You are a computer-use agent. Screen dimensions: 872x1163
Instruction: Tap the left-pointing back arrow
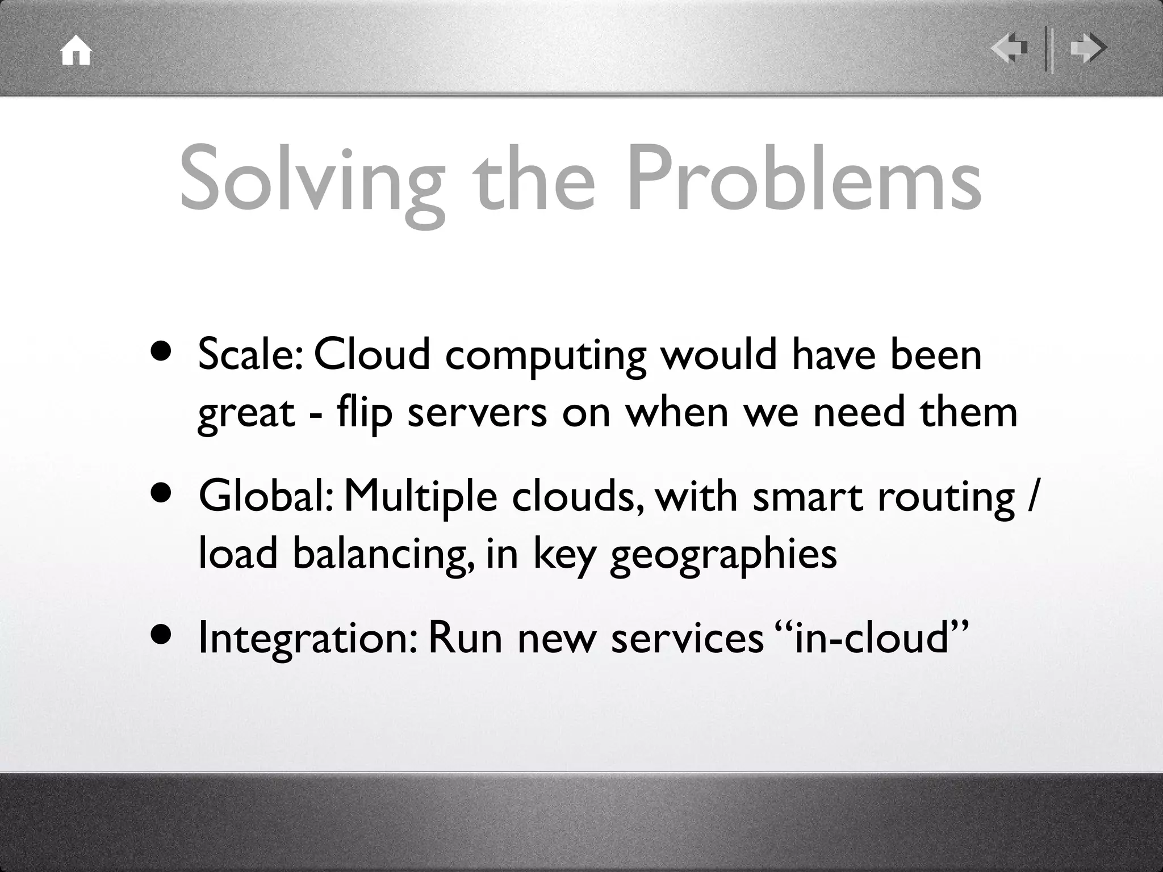1009,49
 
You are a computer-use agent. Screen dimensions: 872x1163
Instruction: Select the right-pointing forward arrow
1088,49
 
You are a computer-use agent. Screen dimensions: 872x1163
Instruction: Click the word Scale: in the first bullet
250,354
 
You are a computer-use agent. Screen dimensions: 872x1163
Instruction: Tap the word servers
477,413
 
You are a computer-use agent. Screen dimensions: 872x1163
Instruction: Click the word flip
364,413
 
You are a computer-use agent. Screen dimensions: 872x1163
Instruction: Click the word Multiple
421,497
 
